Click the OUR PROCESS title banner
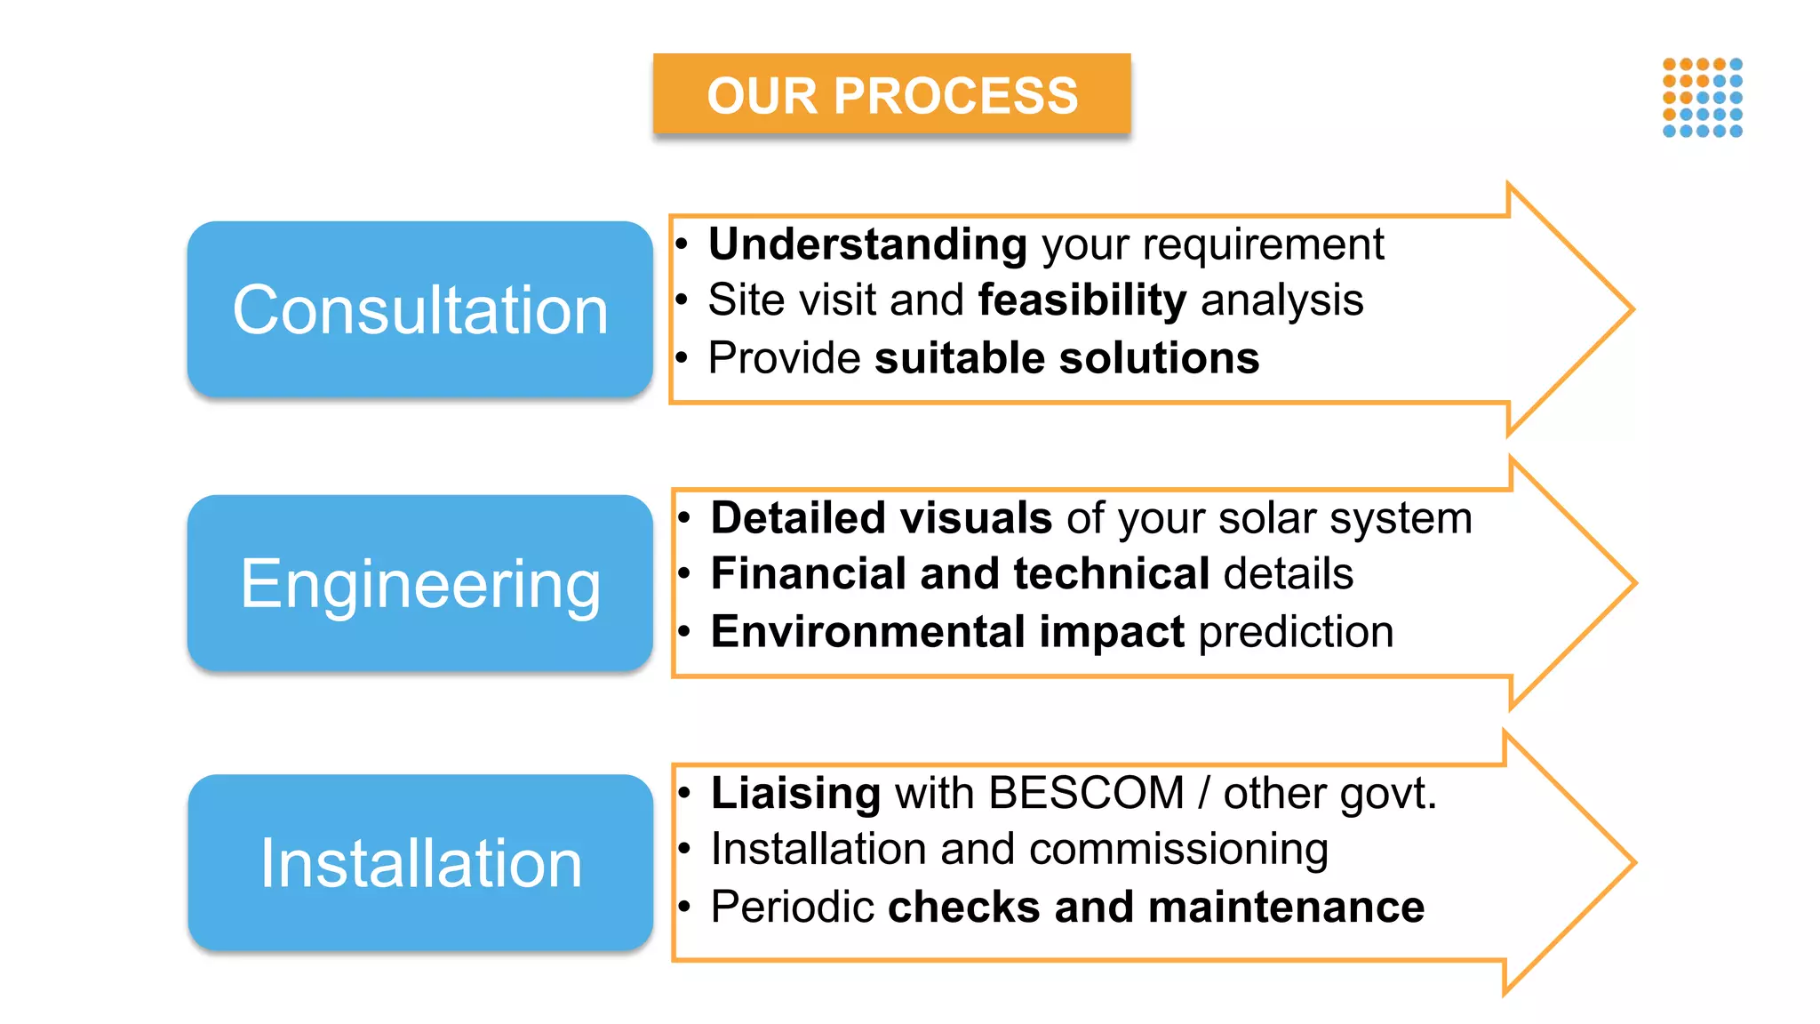[891, 94]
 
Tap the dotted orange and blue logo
[1702, 98]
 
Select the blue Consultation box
[420, 309]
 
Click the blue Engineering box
[420, 583]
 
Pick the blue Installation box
[420, 862]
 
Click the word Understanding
[867, 244]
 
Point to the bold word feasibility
[1082, 300]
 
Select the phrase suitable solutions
[1066, 358]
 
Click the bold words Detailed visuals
[882, 518]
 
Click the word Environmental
[868, 632]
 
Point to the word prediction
[1296, 632]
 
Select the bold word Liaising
[795, 793]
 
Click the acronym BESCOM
[1086, 793]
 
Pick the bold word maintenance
[1286, 908]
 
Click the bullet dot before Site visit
[682, 301]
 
